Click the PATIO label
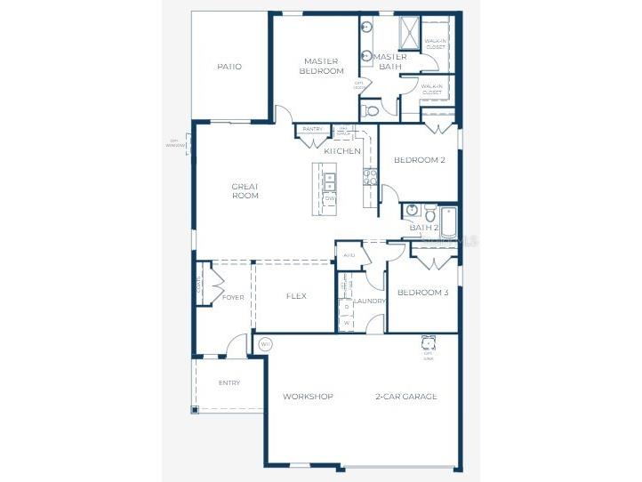pos(229,67)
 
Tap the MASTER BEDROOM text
pos(321,66)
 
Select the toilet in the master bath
pos(371,111)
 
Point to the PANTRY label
pos(312,130)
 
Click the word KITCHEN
pos(342,151)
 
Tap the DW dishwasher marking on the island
pos(329,198)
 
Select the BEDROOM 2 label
pos(419,160)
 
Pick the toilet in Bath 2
pos(429,213)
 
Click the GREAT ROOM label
pos(245,190)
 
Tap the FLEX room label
pos(296,296)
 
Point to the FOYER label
pos(233,297)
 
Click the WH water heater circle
pos(265,343)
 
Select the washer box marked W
pos(346,323)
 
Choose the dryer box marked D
pos(346,307)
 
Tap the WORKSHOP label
pos(308,397)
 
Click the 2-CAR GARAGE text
pos(405,397)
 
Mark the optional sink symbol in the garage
pos(428,343)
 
